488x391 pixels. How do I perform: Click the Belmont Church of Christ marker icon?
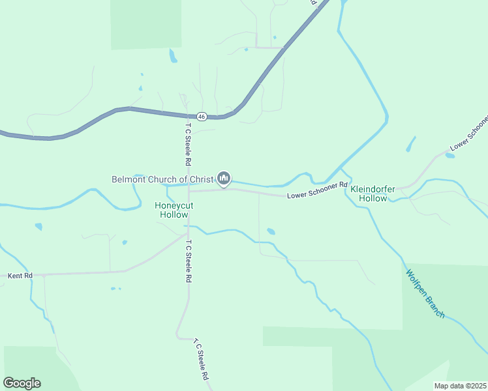point(224,177)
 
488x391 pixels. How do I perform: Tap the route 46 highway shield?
point(202,117)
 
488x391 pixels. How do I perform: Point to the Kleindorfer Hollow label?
point(373,194)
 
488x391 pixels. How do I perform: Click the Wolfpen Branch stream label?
point(425,294)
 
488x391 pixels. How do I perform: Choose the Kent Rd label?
point(20,276)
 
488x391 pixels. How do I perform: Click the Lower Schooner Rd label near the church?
point(317,190)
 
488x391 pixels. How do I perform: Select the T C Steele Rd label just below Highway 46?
point(188,143)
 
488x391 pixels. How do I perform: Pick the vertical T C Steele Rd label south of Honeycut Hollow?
point(188,261)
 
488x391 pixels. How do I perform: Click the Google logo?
point(22,383)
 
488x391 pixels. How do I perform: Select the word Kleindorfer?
point(373,189)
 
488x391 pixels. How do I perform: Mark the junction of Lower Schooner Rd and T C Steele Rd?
point(189,192)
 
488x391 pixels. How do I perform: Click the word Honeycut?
point(174,205)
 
